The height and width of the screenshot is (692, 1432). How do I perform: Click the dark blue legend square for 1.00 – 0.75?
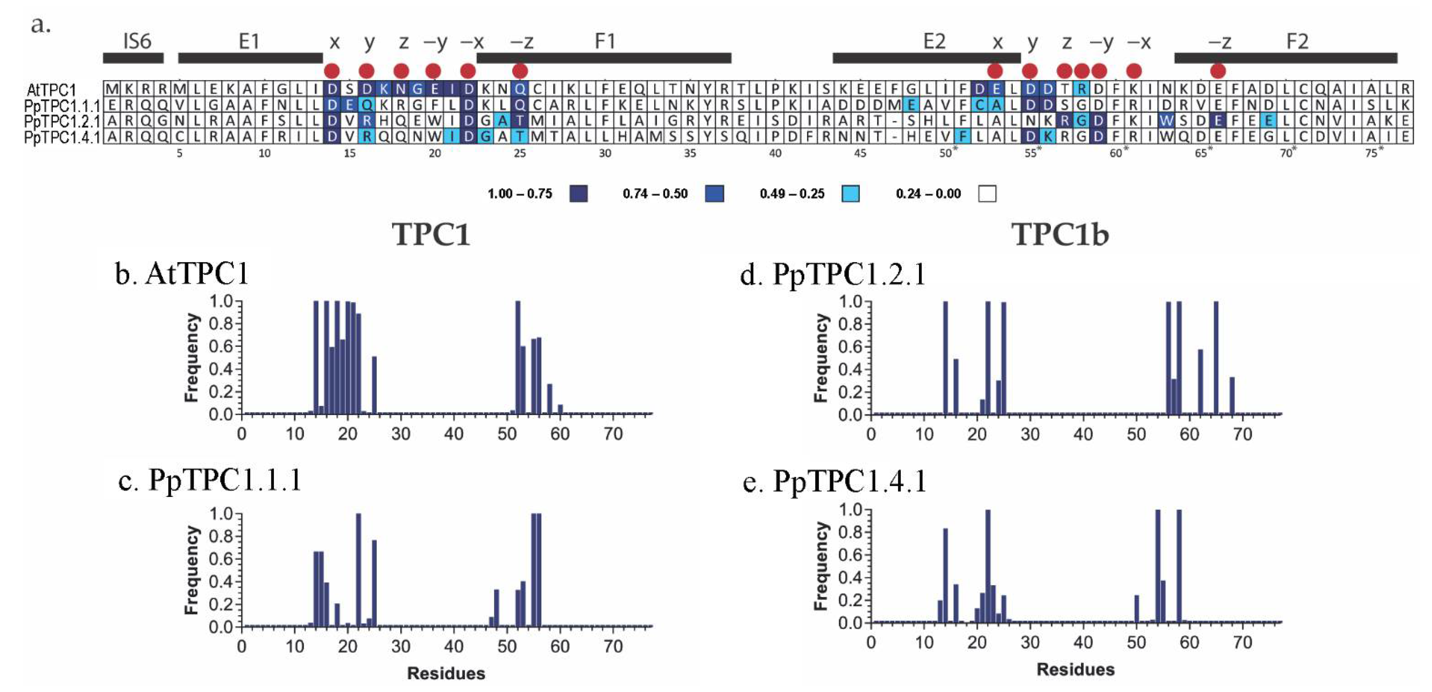coord(579,194)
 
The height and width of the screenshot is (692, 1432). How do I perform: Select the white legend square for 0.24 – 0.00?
coord(987,194)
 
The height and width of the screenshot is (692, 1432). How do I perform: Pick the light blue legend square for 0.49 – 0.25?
coord(850,194)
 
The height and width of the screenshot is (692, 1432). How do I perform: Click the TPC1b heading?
coord(1060,234)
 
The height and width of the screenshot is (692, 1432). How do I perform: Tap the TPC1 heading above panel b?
coord(431,234)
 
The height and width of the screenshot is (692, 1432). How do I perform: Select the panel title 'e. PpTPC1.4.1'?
coord(835,481)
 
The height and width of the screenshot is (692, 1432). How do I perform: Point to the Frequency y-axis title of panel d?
coord(820,358)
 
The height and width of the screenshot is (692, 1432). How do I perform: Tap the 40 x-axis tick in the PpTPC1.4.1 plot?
coord(1083,643)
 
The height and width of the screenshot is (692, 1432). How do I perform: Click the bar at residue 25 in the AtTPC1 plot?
coord(374,385)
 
